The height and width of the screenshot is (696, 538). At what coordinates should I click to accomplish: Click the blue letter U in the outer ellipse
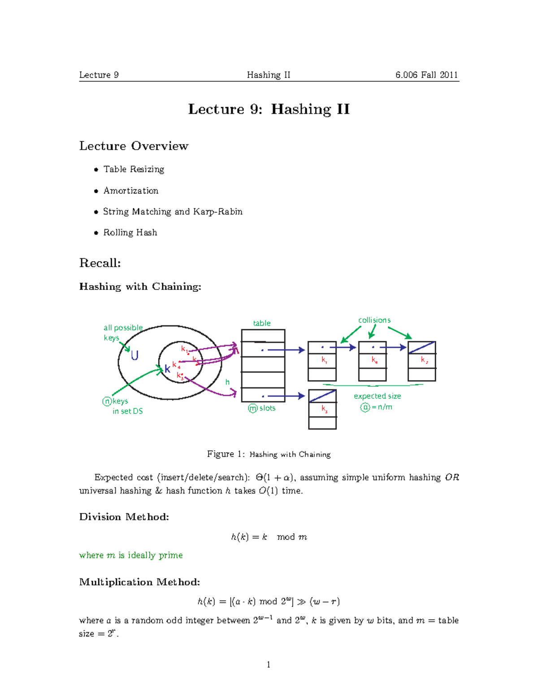[x=134, y=355]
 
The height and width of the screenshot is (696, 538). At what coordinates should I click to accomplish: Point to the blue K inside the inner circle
[x=167, y=369]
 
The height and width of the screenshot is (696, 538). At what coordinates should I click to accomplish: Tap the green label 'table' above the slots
[x=262, y=323]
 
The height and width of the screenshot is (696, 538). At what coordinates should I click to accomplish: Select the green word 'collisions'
[x=374, y=320]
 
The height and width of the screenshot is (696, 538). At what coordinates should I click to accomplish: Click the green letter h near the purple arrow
[x=227, y=382]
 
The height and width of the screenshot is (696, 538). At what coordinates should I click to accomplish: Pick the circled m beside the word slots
[x=253, y=408]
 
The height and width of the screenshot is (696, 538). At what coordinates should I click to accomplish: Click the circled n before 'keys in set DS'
[x=107, y=402]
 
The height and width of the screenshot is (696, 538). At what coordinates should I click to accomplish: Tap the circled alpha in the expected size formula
[x=365, y=407]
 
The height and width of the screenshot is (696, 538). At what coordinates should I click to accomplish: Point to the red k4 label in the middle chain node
[x=374, y=360]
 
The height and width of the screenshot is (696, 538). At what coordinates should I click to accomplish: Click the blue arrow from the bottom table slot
[x=286, y=396]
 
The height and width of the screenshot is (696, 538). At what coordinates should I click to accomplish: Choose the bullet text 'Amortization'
[x=131, y=190]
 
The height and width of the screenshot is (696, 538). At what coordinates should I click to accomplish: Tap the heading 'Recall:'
[x=100, y=263]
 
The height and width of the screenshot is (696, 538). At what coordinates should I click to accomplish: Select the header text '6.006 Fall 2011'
[x=426, y=75]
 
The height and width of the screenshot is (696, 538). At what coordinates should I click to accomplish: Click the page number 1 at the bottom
[x=269, y=665]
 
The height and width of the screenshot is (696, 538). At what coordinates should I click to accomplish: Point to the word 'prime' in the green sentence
[x=171, y=555]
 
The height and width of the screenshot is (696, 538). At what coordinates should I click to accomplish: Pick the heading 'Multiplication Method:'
[x=139, y=582]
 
